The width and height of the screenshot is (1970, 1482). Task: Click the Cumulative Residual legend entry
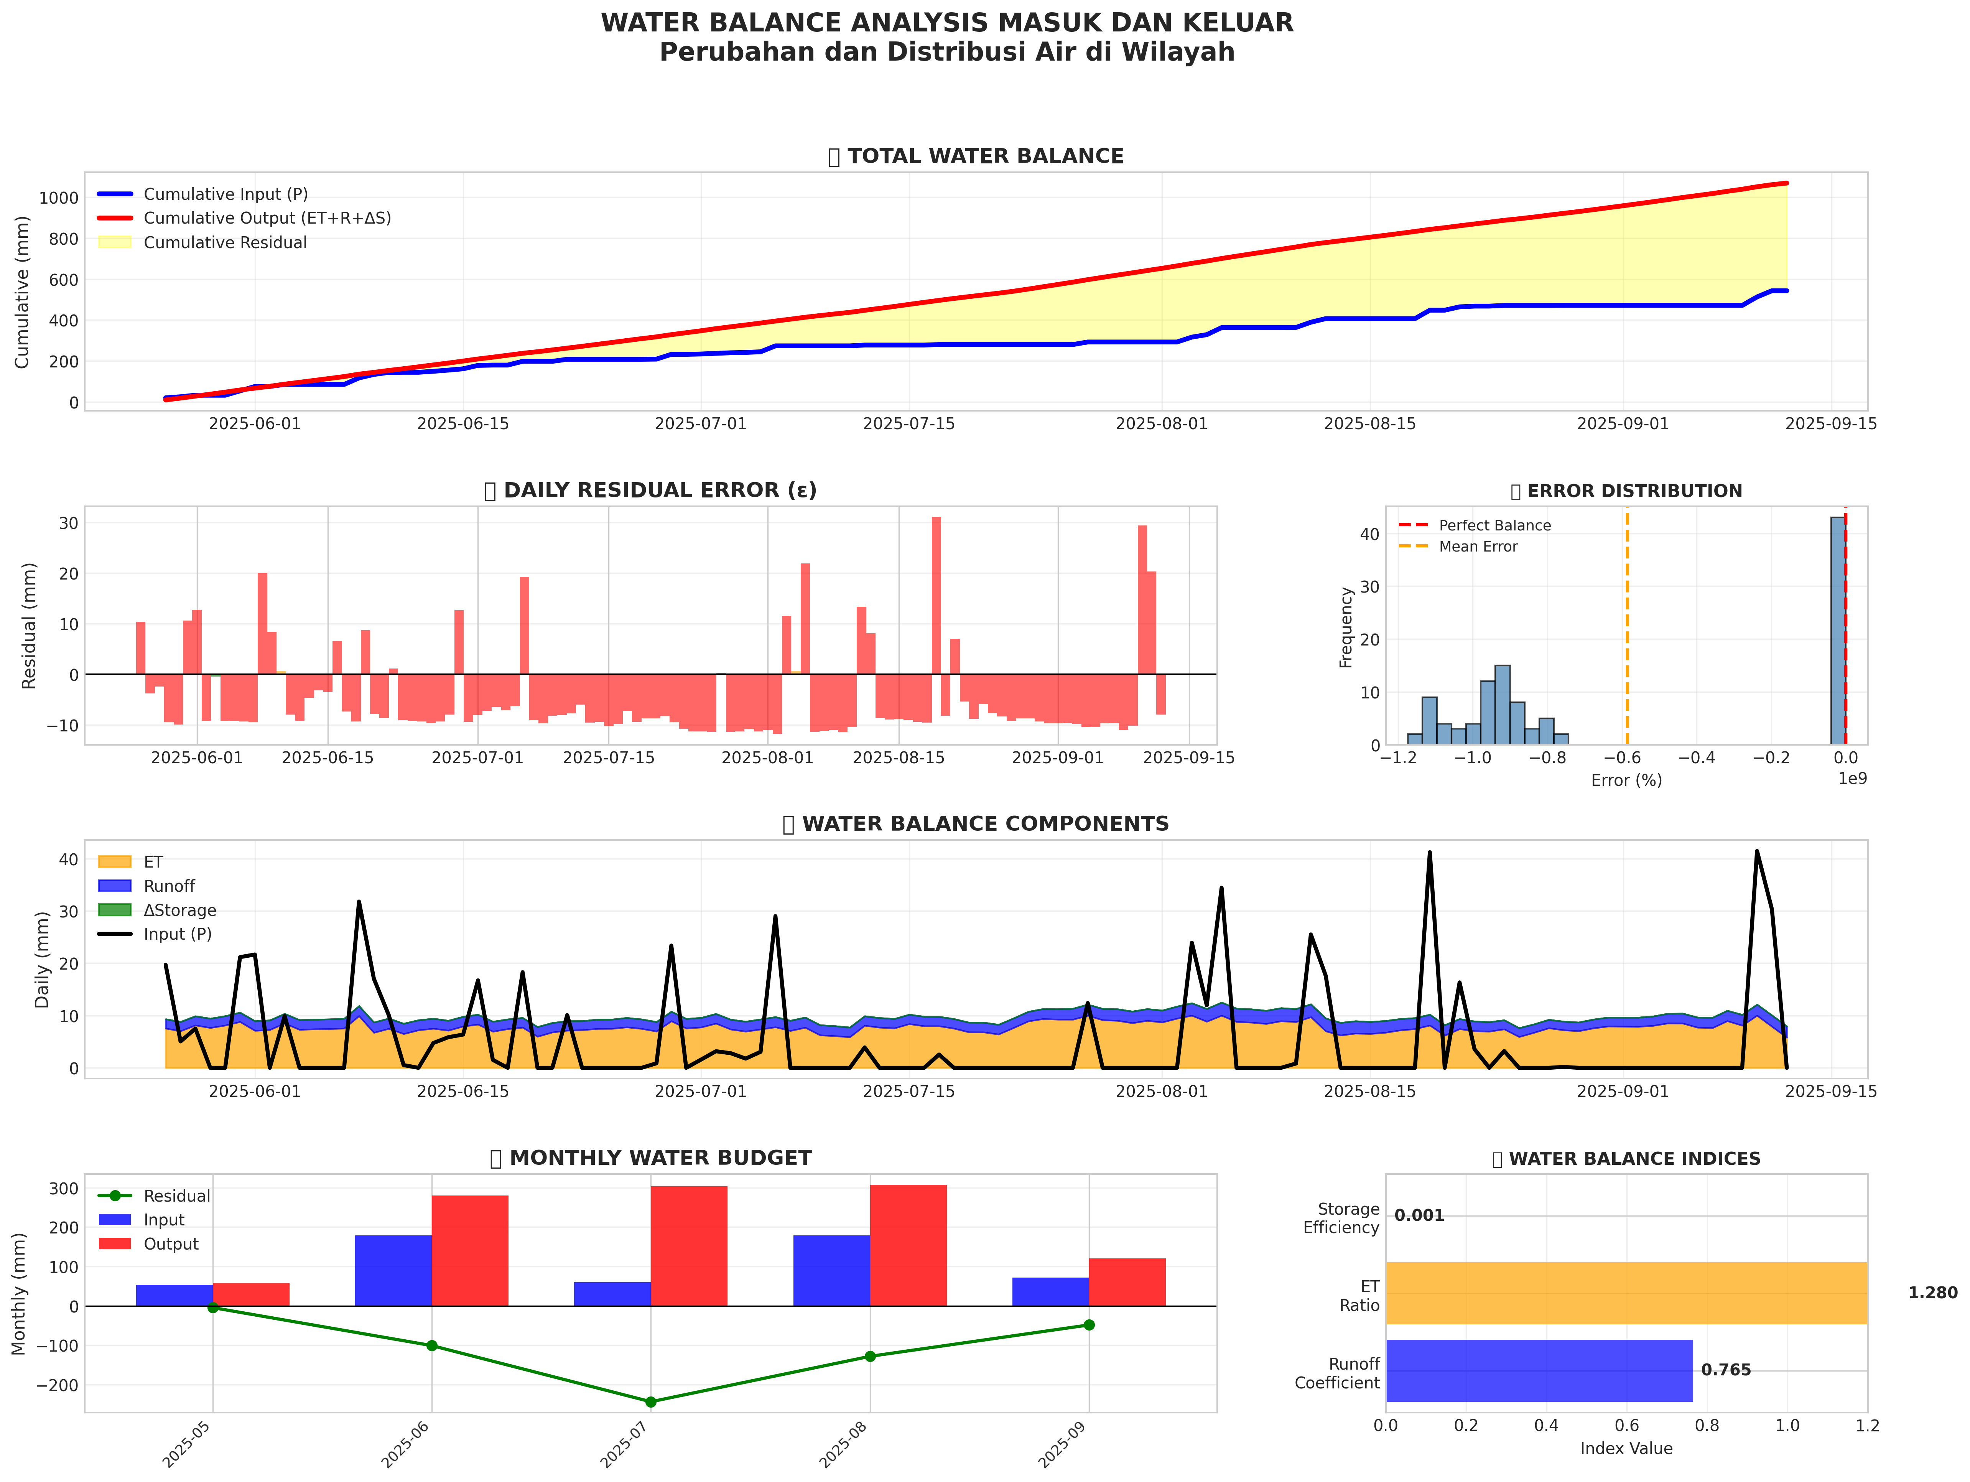[x=224, y=242]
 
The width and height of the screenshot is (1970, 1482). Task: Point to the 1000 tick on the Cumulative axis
[x=59, y=198]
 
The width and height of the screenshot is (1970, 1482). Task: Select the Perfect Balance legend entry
[x=1494, y=525]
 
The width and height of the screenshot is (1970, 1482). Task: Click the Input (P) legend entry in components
[x=177, y=934]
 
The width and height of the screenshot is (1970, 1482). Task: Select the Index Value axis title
[x=1626, y=1448]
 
